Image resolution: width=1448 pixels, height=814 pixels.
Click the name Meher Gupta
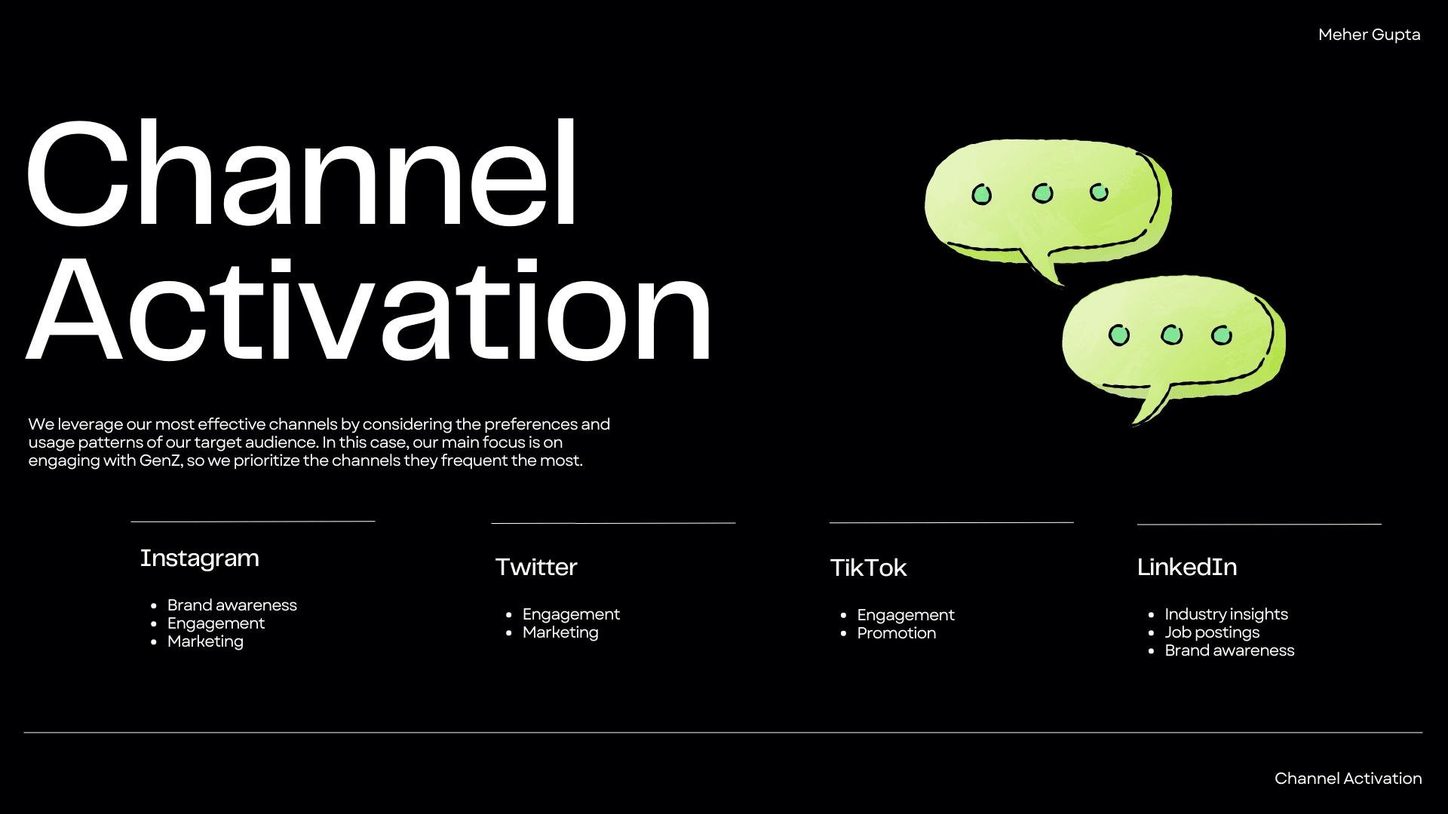1369,35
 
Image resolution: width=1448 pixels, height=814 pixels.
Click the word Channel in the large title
302,173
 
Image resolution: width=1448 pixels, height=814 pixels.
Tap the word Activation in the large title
369,310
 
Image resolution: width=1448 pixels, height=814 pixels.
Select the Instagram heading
199,558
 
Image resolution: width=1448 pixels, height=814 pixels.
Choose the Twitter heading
535,567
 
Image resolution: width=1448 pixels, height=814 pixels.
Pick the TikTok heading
868,568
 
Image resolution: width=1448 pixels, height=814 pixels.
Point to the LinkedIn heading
1187,567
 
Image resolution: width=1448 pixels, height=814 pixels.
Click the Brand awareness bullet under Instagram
232,605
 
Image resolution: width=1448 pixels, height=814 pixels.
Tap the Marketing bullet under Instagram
205,641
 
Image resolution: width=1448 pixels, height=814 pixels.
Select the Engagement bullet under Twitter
571,614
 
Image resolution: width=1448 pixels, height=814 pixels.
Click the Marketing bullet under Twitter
560,632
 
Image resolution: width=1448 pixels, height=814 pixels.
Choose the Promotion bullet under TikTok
896,633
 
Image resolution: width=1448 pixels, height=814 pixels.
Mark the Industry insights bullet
1226,614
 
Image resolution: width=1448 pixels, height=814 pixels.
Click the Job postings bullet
1212,632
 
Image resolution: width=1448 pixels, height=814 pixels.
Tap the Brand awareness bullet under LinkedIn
1229,650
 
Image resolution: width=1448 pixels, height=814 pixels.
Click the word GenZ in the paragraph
161,461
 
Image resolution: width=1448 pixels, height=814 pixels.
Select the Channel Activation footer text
1348,779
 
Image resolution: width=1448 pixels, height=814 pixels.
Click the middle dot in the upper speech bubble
1042,194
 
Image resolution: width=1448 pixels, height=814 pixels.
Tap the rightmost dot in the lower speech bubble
1222,335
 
